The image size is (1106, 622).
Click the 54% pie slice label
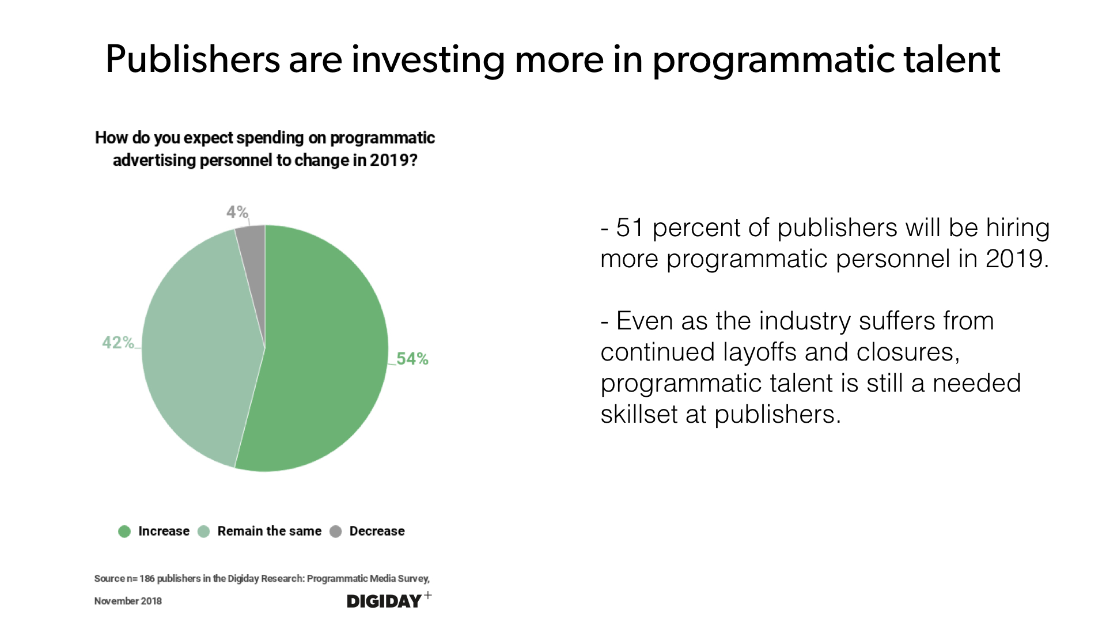click(x=412, y=359)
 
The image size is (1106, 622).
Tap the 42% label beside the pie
click(x=118, y=343)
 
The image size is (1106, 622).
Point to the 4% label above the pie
click(x=237, y=212)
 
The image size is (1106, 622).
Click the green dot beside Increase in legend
click(x=124, y=531)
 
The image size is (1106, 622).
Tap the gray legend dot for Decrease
click(x=336, y=531)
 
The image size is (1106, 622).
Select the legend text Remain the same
click(x=269, y=531)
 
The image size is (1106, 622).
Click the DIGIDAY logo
click(x=385, y=601)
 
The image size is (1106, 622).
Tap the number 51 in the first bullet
click(x=629, y=228)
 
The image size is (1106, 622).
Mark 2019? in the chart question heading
click(x=393, y=160)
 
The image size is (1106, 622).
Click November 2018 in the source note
click(x=128, y=601)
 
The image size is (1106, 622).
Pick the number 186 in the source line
click(x=147, y=579)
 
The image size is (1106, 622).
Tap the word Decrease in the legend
click(x=377, y=531)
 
